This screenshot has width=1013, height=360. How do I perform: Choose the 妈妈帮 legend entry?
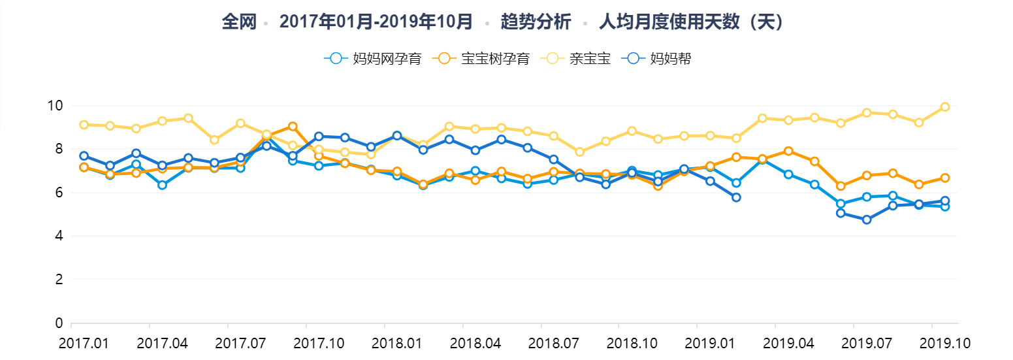click(659, 58)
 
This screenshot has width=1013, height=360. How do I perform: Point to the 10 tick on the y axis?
click(55, 106)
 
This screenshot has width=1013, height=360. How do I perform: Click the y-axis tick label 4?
click(58, 236)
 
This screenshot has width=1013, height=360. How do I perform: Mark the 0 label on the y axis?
click(58, 323)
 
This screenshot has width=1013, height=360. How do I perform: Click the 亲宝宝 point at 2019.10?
click(944, 106)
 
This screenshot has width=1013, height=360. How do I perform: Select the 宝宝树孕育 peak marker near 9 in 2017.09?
click(293, 126)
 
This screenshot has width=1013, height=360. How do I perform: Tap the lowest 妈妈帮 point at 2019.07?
click(867, 220)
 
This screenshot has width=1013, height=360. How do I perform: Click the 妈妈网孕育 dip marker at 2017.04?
click(162, 185)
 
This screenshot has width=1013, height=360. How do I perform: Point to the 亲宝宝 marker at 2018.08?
click(579, 152)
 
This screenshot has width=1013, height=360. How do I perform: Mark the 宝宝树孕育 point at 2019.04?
click(788, 151)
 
